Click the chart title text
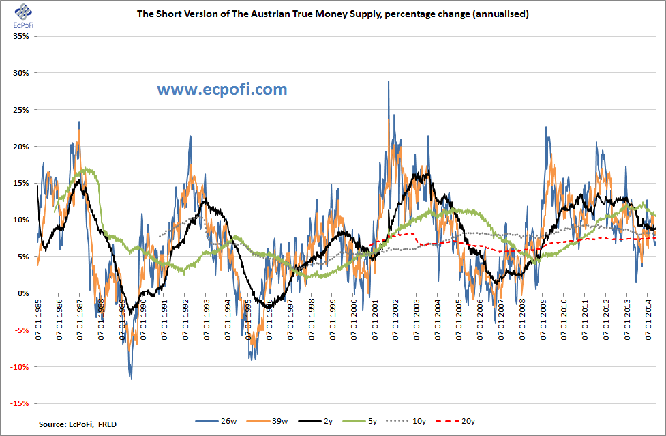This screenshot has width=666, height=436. (x=333, y=14)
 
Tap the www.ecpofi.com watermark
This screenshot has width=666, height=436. (x=222, y=89)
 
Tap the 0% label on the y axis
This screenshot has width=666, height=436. (x=22, y=293)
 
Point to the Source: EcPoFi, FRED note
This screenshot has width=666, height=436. (x=77, y=424)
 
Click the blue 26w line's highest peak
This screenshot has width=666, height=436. (x=389, y=81)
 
